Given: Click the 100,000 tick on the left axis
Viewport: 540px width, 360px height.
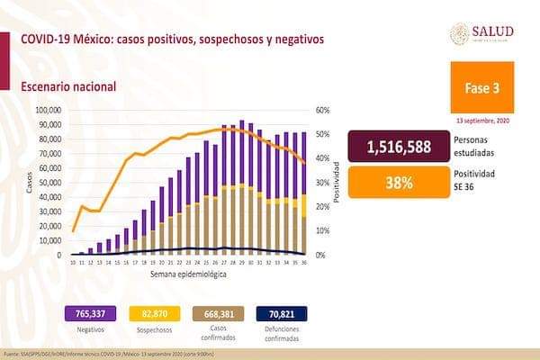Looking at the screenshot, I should click(47, 111).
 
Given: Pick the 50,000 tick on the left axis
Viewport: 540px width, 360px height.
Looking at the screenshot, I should click(49, 183).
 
